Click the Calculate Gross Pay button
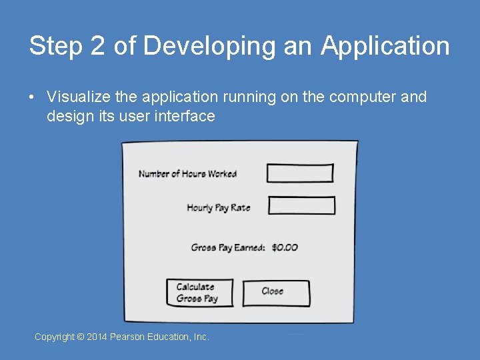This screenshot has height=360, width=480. click(x=199, y=293)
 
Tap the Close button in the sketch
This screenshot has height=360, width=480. click(x=275, y=292)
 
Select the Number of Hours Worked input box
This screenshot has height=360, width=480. click(x=299, y=173)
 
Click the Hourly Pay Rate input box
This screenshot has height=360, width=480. click(x=301, y=206)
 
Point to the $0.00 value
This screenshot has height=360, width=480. click(x=285, y=247)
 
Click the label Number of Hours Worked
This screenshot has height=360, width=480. click(x=187, y=174)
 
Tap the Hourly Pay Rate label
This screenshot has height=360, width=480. click(x=218, y=207)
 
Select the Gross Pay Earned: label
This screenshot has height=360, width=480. click(x=227, y=247)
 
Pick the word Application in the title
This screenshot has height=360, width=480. click(x=385, y=47)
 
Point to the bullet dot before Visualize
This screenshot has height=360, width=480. click(x=31, y=97)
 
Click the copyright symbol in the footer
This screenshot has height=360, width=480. click(x=81, y=337)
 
